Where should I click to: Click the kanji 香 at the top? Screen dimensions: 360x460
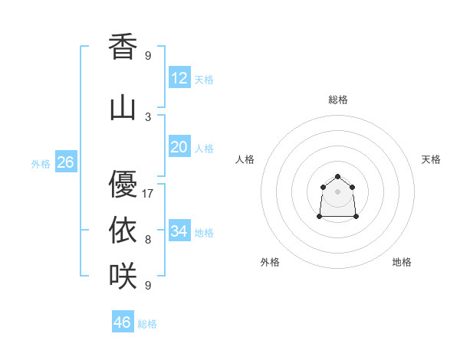(x=123, y=47)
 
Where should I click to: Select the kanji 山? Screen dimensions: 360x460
(x=123, y=108)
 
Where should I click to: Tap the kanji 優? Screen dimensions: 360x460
(x=123, y=185)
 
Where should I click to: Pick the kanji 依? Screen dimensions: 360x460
(x=123, y=231)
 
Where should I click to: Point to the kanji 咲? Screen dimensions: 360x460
(x=123, y=276)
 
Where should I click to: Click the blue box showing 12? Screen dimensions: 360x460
(x=179, y=78)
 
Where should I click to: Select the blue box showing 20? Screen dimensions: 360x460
(x=179, y=147)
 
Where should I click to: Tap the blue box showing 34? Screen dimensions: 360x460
(x=179, y=231)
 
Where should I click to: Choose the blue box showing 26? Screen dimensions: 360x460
(x=65, y=162)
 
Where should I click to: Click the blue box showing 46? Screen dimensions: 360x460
(x=123, y=322)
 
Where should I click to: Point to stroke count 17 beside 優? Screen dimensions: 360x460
(x=148, y=194)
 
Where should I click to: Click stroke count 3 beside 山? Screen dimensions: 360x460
(x=148, y=116)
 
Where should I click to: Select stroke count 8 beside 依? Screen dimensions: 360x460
(x=148, y=240)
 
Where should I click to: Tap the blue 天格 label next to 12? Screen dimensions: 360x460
(x=204, y=80)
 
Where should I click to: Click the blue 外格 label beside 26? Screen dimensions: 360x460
(x=41, y=164)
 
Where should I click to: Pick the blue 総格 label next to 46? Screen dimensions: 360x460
(x=147, y=324)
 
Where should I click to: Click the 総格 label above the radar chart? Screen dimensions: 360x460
(x=338, y=100)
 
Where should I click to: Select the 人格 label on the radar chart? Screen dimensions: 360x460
(x=245, y=159)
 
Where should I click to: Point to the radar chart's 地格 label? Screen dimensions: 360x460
(x=402, y=262)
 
